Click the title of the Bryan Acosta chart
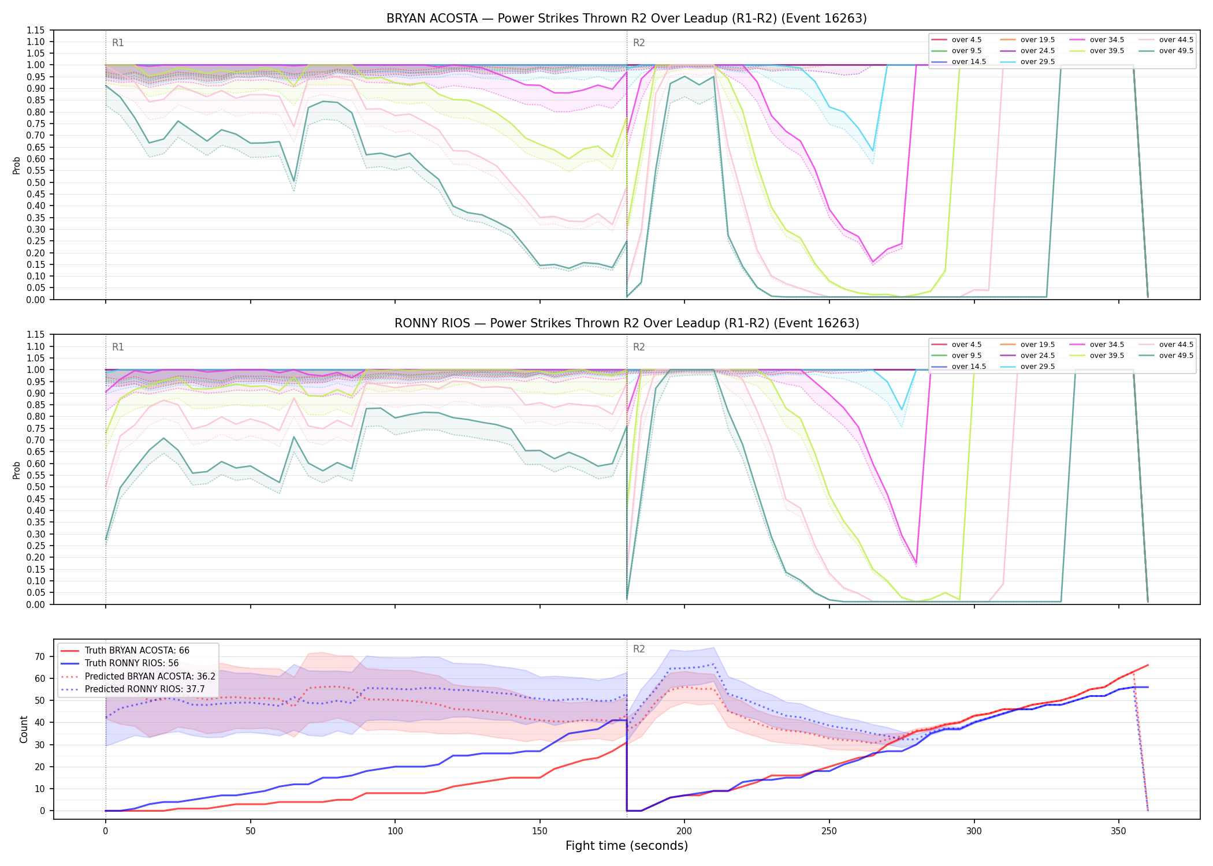(627, 18)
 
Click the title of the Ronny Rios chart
(627, 323)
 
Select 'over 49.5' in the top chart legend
(1176, 51)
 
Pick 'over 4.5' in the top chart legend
(966, 40)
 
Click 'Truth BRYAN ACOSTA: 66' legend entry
(137, 651)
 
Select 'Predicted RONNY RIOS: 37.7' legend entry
(144, 689)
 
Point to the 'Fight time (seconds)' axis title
(627, 846)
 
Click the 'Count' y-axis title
(24, 729)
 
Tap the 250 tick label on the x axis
(829, 831)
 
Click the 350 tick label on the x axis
(1118, 831)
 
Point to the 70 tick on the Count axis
(40, 656)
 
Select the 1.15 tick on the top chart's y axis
(36, 30)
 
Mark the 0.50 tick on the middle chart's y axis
(36, 487)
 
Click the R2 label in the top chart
(639, 43)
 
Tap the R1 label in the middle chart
(118, 347)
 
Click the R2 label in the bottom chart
(639, 649)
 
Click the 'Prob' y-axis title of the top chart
(17, 166)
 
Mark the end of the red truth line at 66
(1148, 665)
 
